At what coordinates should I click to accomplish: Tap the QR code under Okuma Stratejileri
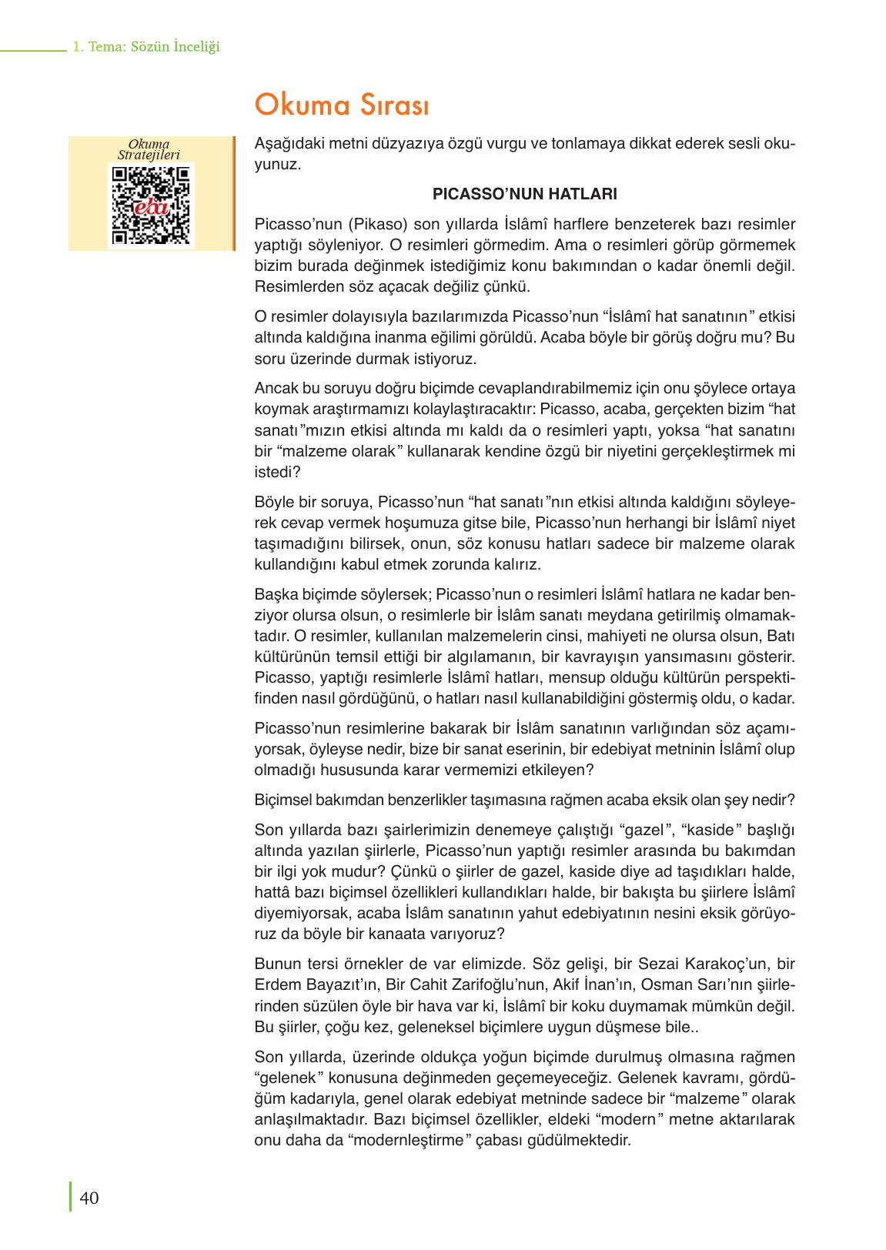point(151,206)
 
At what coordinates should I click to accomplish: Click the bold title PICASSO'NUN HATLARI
point(525,194)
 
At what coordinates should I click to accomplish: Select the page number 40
point(89,1198)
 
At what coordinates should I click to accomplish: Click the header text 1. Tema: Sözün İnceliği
point(145,47)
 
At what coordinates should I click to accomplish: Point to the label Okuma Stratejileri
point(149,149)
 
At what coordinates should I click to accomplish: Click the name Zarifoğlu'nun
point(496,985)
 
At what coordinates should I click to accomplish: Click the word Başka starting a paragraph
point(275,595)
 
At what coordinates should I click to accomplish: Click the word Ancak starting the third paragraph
point(275,389)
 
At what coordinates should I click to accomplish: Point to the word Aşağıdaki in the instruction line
point(287,144)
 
